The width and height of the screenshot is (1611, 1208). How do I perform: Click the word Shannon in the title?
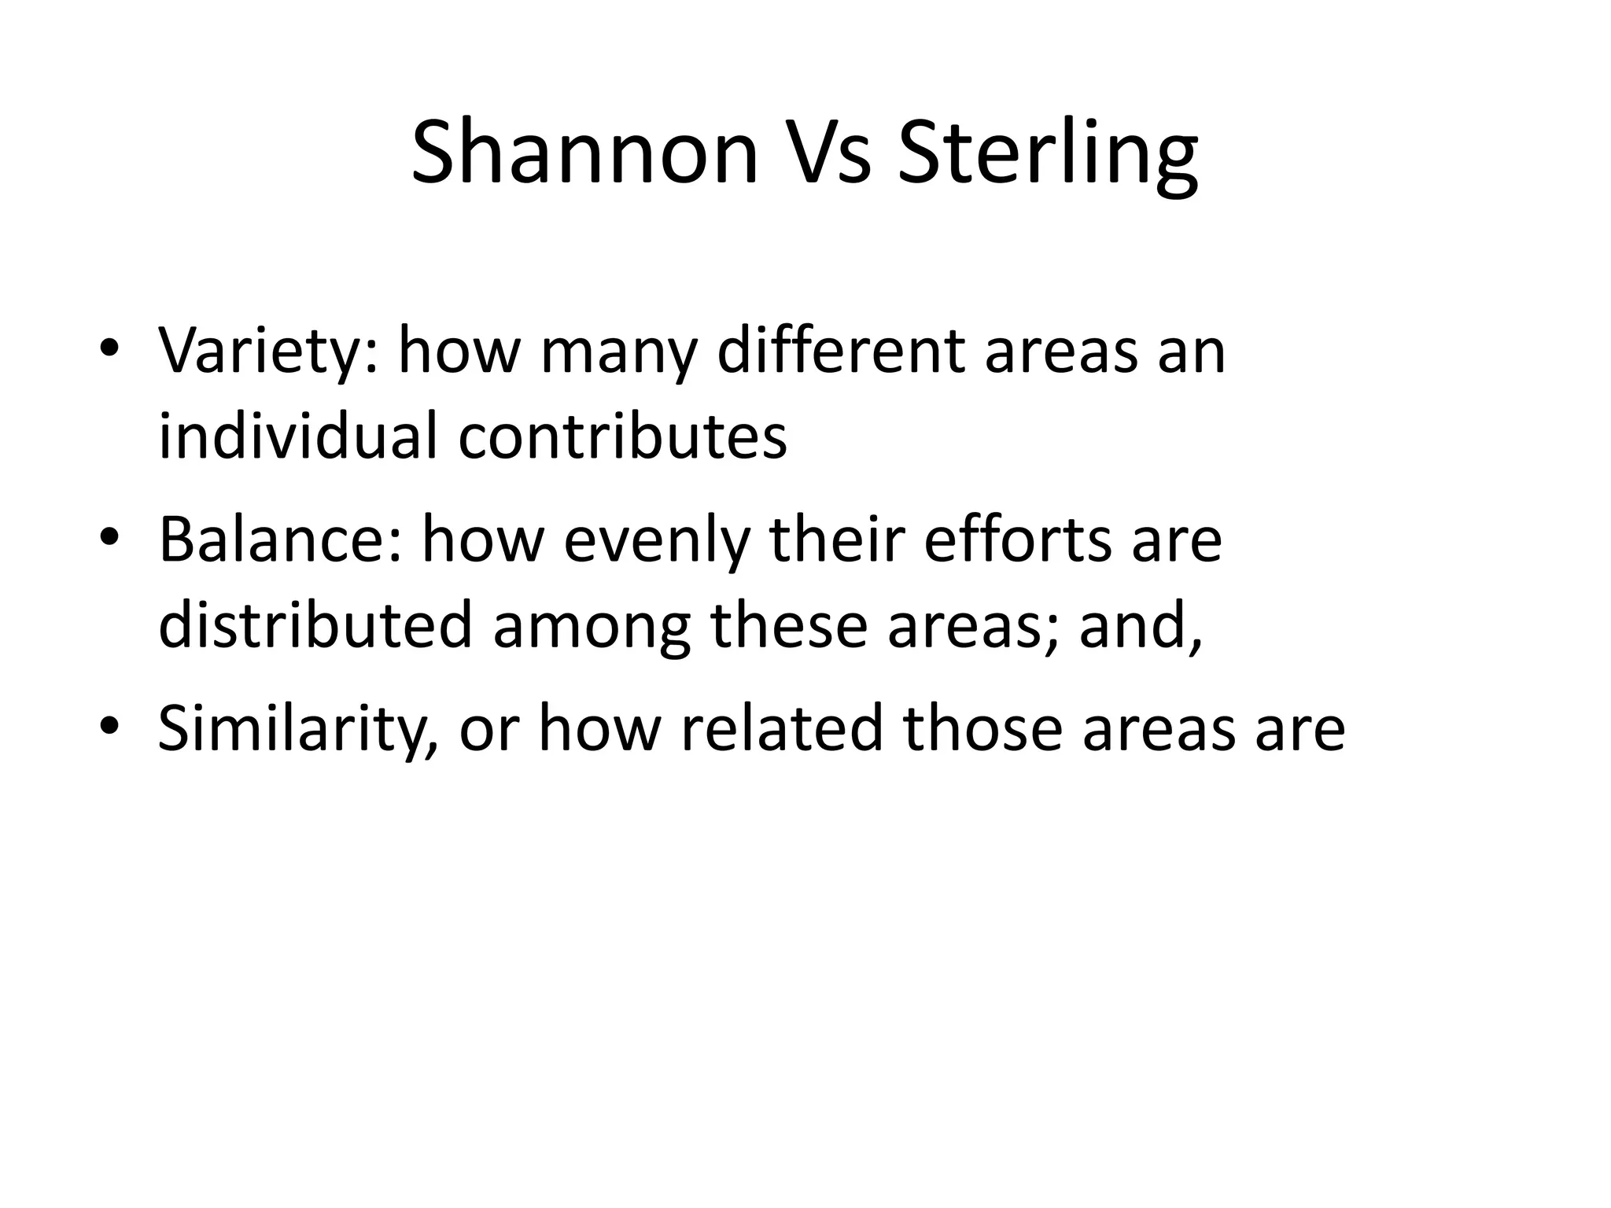coord(584,152)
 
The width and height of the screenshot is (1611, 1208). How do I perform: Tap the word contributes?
coord(622,437)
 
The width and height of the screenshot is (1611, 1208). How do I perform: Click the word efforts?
coord(1018,540)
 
